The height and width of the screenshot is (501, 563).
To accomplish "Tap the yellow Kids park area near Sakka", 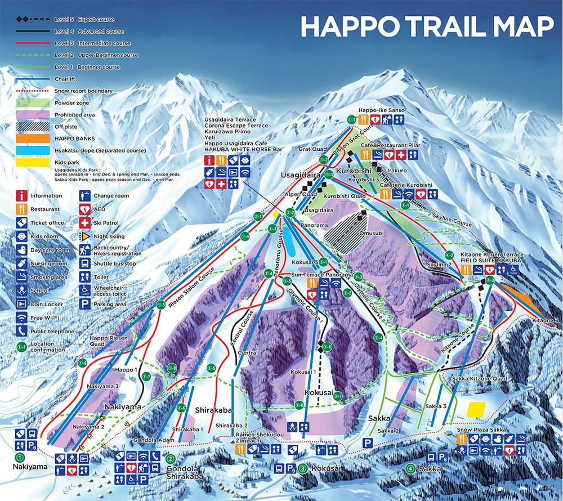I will click(x=476, y=409).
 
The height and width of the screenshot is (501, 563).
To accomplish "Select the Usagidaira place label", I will click(x=297, y=176).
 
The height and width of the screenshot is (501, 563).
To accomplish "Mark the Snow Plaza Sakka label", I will click(x=479, y=429).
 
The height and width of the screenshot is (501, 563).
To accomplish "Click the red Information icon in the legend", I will click(x=22, y=196).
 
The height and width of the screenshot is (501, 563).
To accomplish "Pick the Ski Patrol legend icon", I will click(x=84, y=223).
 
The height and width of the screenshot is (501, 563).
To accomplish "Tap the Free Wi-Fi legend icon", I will click(x=22, y=317).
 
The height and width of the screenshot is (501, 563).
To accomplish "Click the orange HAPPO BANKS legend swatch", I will click(x=34, y=139).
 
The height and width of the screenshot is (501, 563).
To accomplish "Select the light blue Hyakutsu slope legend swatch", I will click(x=34, y=151).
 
